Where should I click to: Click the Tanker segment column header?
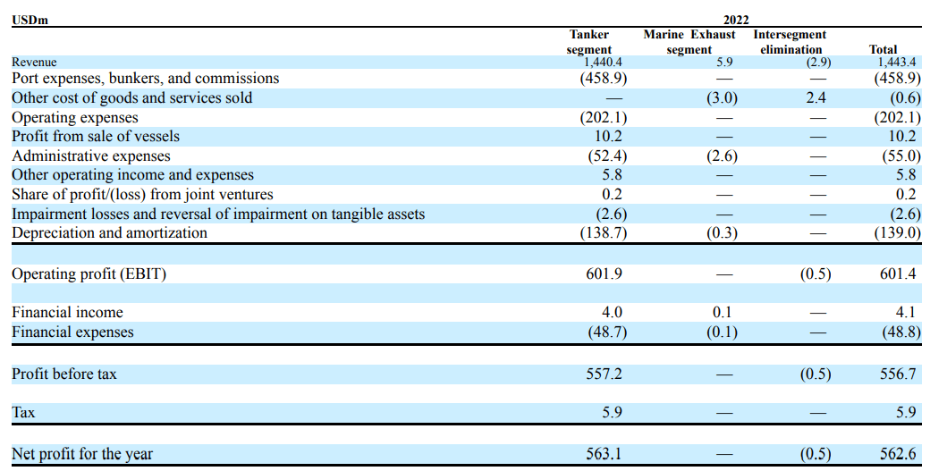(x=589, y=42)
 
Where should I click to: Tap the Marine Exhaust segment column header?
(x=689, y=42)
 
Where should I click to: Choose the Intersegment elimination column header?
(x=789, y=42)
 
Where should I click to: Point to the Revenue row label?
(x=34, y=63)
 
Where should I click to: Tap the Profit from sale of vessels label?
(x=96, y=137)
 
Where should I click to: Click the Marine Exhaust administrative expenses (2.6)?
(x=722, y=156)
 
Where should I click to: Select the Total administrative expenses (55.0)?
(x=896, y=156)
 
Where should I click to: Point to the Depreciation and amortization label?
(x=109, y=233)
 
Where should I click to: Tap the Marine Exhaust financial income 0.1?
(x=722, y=313)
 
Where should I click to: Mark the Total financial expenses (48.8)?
(x=896, y=332)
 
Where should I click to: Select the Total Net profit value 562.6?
(x=898, y=455)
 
